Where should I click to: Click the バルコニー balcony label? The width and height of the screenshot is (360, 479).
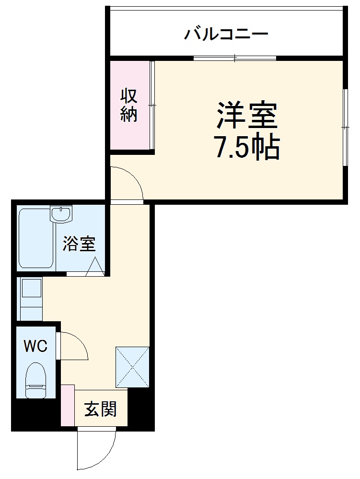coord(226,35)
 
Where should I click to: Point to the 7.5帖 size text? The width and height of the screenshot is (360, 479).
coord(246,149)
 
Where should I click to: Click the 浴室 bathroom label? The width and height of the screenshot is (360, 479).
coord(79,245)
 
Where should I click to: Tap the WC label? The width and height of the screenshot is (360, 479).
coord(36,346)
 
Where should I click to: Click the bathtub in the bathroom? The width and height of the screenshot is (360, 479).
coord(36,238)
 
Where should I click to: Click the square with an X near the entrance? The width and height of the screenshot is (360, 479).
coord(132,366)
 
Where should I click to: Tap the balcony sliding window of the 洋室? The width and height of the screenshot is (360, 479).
coord(235,58)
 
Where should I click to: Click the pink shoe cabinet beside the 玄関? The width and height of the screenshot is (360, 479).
coord(68,405)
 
